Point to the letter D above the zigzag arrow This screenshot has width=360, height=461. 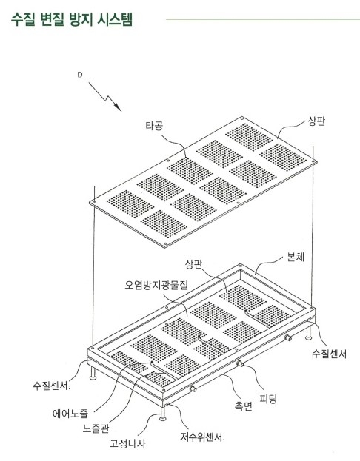point(80,75)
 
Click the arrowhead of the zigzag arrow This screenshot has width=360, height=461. point(118,107)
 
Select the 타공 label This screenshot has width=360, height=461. point(154,126)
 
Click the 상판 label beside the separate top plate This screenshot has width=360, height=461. point(317,121)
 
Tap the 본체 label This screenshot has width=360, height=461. point(296,258)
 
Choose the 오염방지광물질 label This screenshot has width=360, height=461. point(156,285)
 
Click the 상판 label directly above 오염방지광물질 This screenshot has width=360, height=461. point(193,264)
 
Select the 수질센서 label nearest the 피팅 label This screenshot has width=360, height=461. point(330,354)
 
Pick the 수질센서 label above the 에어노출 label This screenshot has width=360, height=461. point(51,385)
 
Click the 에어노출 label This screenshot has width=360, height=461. point(70,414)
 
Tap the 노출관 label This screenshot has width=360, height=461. point(96,428)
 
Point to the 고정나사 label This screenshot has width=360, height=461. point(127,443)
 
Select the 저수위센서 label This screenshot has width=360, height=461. point(201,437)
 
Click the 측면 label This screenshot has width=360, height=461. point(244,406)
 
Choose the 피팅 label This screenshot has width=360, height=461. point(268,399)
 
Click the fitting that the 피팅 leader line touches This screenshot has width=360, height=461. point(240,363)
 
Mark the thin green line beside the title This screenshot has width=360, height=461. point(263,20)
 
